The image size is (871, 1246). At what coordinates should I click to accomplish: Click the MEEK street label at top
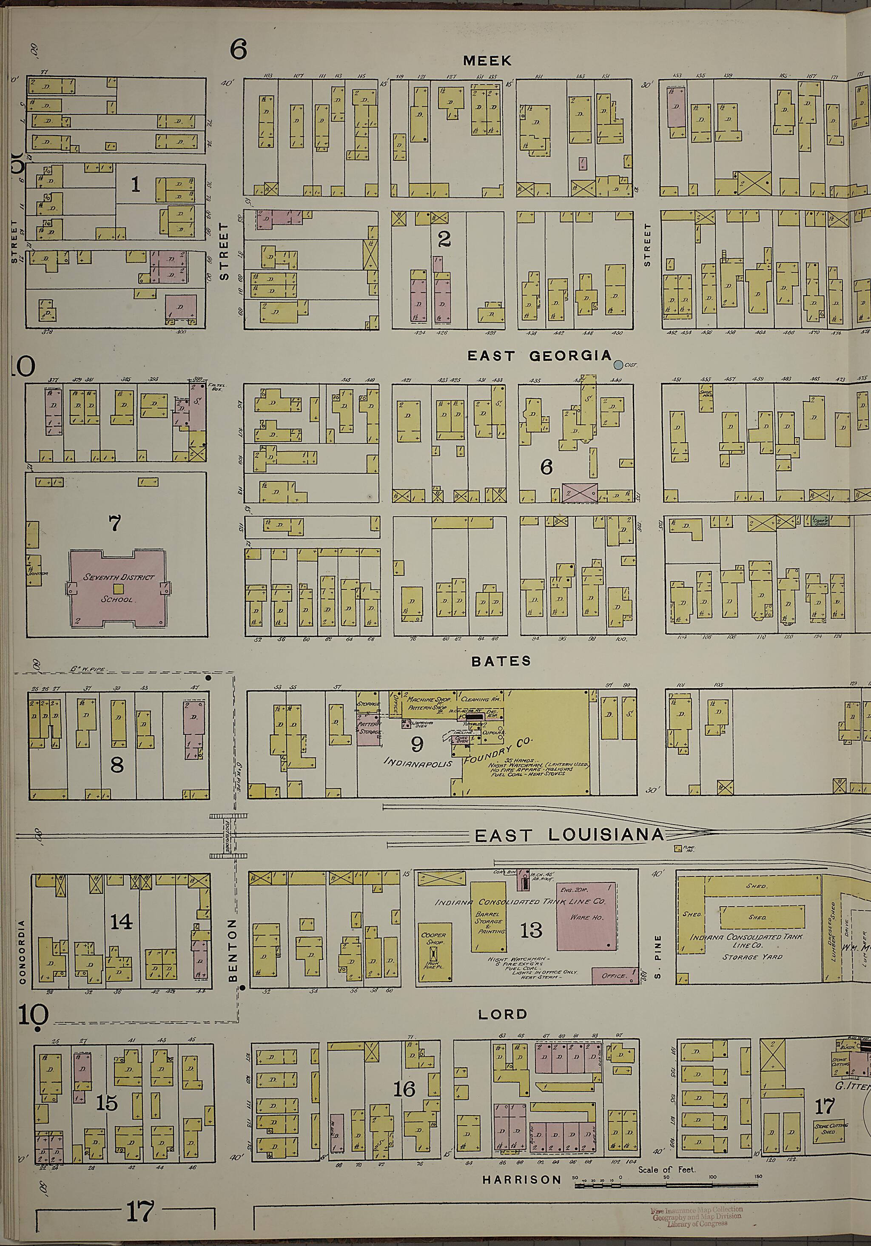487,61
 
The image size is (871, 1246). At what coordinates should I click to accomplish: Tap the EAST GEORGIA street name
539,356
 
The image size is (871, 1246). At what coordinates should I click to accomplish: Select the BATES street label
493,660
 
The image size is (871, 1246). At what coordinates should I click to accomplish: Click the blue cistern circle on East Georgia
618,365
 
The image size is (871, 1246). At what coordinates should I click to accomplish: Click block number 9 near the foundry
417,745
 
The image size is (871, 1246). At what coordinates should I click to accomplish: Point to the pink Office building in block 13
614,975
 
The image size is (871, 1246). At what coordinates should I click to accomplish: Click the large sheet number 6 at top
238,49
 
